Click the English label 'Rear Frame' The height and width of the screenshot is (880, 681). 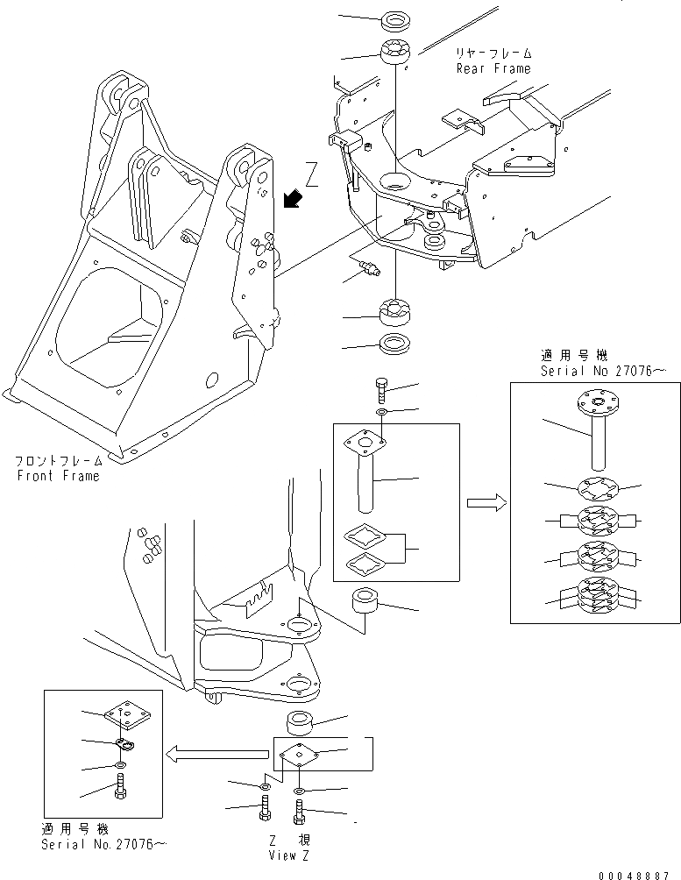click(493, 67)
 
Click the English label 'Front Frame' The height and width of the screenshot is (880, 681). click(58, 476)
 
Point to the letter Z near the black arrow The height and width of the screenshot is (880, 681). click(309, 171)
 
